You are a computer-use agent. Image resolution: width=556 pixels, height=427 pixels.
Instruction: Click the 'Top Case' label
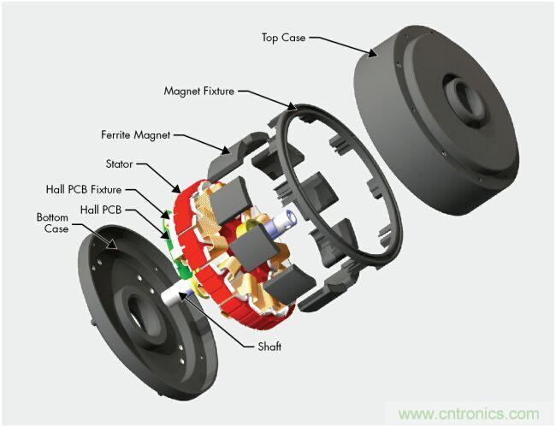(283, 38)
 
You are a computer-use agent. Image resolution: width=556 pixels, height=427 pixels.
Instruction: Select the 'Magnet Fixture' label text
(198, 91)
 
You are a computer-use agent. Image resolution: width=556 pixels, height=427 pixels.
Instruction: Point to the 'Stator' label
(118, 163)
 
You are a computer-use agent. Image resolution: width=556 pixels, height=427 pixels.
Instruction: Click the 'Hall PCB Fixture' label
(84, 189)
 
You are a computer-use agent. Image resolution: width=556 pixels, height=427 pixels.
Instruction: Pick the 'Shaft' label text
(269, 347)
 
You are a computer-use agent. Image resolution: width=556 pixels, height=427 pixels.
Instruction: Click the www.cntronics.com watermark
(468, 414)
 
